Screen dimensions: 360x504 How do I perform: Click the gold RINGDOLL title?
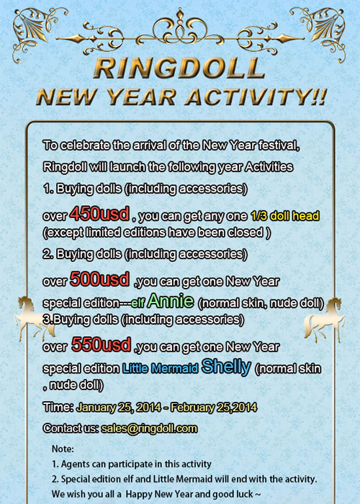coord(179,68)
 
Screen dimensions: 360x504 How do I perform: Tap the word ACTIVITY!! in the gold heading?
coord(256,97)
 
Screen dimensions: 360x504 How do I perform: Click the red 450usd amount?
coord(99,214)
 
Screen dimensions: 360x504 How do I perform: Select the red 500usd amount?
coord(99,279)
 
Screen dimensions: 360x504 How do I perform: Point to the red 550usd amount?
coord(101,345)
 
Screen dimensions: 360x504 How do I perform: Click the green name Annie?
coord(171,301)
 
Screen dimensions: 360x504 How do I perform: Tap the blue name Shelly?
coord(226,366)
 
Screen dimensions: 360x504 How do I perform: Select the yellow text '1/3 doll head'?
coord(285,216)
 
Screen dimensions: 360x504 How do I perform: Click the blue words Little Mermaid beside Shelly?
coord(160,368)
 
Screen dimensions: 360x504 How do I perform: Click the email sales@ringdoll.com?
coord(149,428)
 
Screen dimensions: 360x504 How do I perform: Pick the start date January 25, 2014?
coord(118,408)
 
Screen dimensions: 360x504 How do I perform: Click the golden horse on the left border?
coord(33,318)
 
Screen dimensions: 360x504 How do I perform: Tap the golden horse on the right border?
coord(325,320)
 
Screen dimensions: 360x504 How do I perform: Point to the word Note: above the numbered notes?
coord(63,449)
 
